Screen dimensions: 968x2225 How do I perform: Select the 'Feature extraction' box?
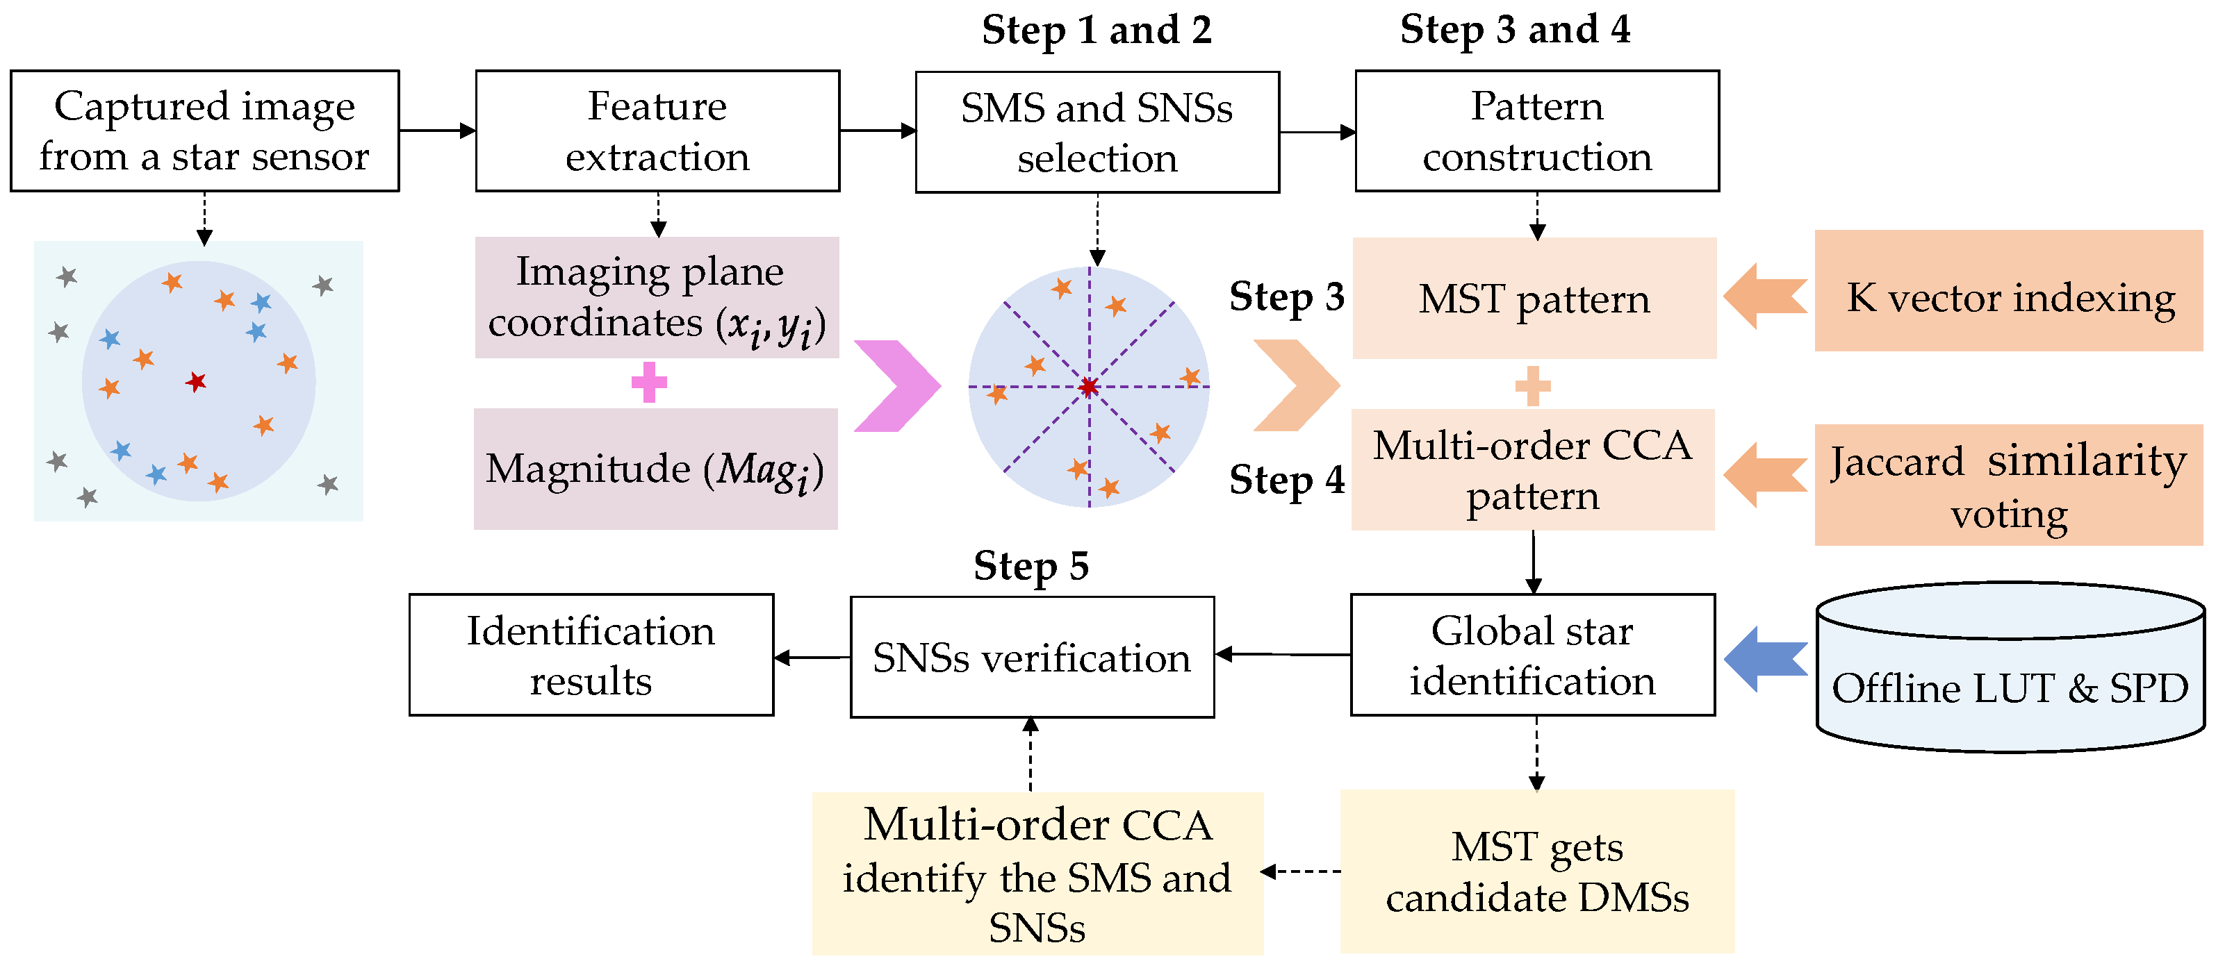657,131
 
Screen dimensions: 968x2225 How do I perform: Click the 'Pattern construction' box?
1536,131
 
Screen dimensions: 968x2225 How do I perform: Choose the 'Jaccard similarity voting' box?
2008,485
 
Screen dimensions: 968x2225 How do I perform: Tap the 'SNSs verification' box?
1031,657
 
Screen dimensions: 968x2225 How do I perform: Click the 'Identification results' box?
591,655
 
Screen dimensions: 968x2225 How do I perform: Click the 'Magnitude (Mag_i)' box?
655,469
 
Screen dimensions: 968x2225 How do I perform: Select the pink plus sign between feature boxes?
649,383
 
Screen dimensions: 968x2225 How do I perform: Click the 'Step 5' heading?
1031,567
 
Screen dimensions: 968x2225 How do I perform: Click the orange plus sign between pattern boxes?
1532,386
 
